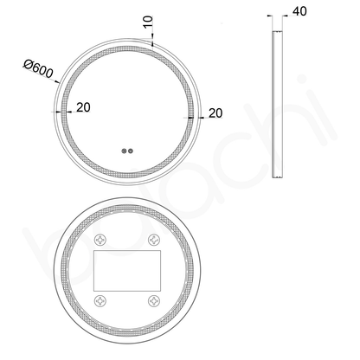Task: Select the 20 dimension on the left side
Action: pyautogui.click(x=82, y=109)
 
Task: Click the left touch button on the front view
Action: pyautogui.click(x=125, y=151)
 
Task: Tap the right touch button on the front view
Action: pyautogui.click(x=132, y=151)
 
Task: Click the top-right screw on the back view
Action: pyautogui.click(x=157, y=240)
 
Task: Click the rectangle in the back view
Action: pyautogui.click(x=127, y=271)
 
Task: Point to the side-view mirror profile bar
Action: pyautogui.click(x=276, y=104)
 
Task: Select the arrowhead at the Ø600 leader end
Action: pyautogui.click(x=58, y=83)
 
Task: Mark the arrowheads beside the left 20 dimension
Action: pyautogui.click(x=62, y=111)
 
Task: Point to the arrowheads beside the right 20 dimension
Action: pyautogui.click(x=192, y=112)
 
